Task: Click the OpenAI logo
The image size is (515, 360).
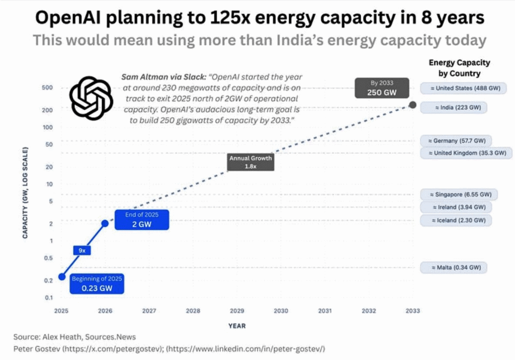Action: [x=91, y=98]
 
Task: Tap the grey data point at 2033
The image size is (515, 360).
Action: [x=412, y=105]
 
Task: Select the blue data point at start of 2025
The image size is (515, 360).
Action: [x=62, y=277]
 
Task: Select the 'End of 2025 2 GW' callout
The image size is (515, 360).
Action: [x=142, y=219]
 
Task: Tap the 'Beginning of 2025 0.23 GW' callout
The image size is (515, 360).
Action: [x=96, y=284]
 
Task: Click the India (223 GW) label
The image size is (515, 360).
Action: [x=454, y=107]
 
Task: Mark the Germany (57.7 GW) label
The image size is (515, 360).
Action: [x=456, y=141]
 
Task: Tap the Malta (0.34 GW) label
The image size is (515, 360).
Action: [x=454, y=267]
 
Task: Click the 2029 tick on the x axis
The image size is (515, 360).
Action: [x=237, y=311]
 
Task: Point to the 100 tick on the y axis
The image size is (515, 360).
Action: [x=48, y=127]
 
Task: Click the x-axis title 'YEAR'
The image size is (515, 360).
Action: [x=237, y=326]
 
